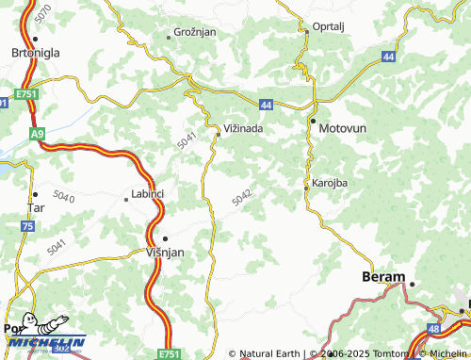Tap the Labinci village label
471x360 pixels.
pos(145,195)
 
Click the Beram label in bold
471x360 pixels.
pos(383,277)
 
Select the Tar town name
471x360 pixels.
pos(37,206)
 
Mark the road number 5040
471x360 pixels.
pos(65,197)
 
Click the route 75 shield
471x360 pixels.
pos(28,227)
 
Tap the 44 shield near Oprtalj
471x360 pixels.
pos(389,57)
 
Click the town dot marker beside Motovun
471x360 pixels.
pos(313,121)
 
